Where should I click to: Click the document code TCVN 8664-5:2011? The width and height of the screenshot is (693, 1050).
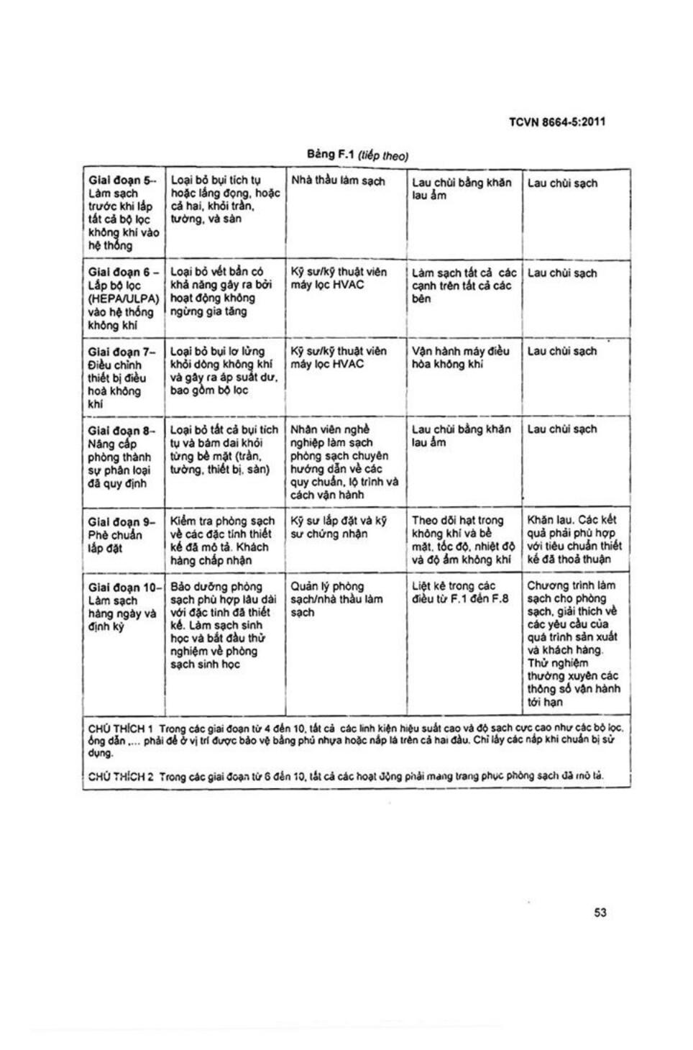click(556, 122)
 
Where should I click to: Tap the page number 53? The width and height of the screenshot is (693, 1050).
click(600, 912)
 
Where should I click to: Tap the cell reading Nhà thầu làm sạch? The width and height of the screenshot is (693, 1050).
click(338, 181)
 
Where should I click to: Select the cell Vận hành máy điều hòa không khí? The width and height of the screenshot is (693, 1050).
click(460, 357)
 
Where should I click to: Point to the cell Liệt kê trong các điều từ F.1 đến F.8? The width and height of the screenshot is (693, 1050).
click(460, 593)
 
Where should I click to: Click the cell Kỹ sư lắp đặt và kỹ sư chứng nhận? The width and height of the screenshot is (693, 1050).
click(338, 527)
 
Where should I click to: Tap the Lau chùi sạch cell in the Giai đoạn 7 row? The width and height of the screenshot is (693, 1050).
click(562, 351)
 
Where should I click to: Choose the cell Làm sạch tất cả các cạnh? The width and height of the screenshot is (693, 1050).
click(464, 286)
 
